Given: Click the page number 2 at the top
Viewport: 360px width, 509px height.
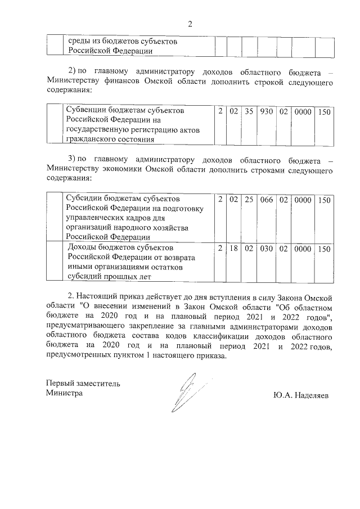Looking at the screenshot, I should coord(190,24).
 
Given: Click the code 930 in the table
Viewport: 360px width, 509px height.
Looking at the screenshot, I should coord(267,112).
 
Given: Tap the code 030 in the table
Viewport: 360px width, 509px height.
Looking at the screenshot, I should coord(267,249).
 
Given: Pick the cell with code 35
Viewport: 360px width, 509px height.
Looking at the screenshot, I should coord(249,112).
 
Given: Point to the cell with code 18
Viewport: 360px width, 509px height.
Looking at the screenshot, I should coord(234,249).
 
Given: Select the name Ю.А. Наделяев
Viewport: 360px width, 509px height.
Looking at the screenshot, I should coord(302,395).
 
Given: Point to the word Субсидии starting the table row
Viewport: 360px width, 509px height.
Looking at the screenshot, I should coord(83,199).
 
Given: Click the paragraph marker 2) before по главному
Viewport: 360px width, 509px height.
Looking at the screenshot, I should coord(71,72).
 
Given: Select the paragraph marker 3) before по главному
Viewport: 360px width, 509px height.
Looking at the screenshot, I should coord(71,160).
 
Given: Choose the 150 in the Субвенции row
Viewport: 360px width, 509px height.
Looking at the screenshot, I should coord(323,112).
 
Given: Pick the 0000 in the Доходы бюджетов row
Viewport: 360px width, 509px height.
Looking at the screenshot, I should coord(302,249).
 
